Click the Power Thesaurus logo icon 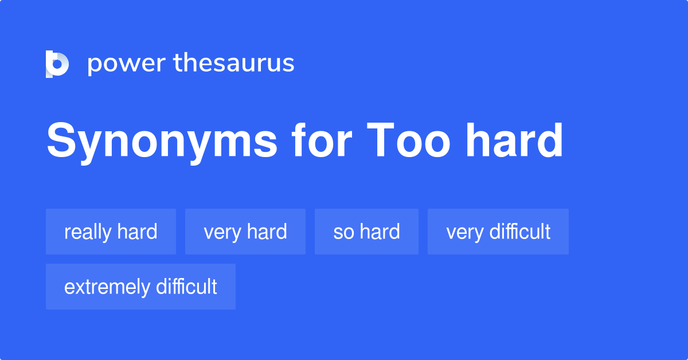[57, 64]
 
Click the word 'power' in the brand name [125, 64]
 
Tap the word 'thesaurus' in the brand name [234, 63]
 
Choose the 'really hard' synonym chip [111, 232]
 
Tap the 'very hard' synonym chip [245, 232]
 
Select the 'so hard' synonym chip [366, 232]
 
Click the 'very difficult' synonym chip [498, 232]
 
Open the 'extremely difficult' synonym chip [140, 287]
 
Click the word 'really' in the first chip [88, 232]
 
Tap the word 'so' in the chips [343, 232]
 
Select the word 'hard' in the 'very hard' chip [267, 232]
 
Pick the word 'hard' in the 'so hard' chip [380, 232]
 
